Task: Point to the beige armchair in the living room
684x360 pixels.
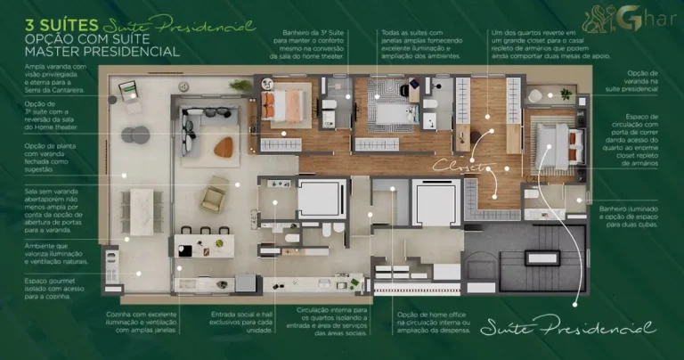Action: pos(214,194)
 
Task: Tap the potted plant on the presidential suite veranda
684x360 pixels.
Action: pos(565,93)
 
